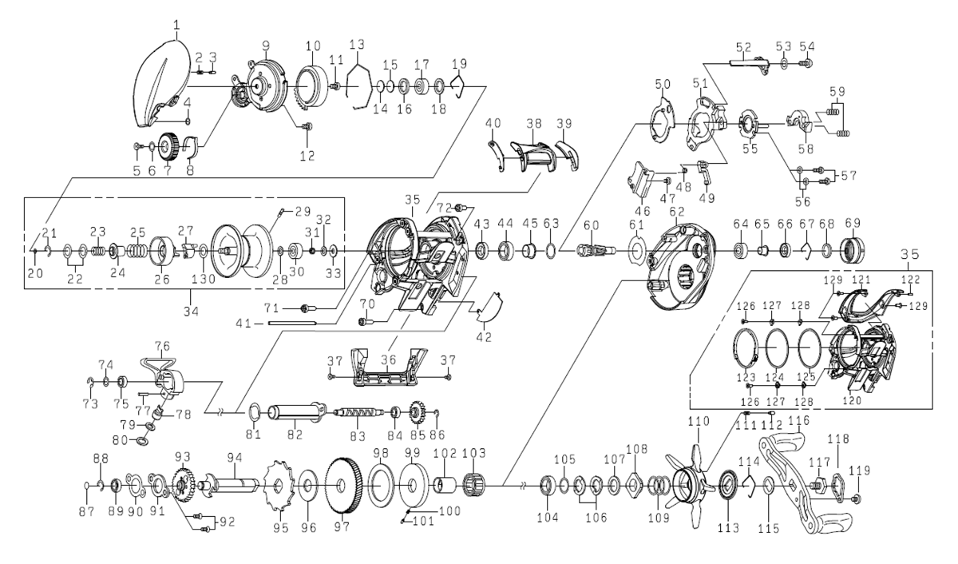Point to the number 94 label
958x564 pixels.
(234, 458)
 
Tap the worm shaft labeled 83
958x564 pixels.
(355, 413)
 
